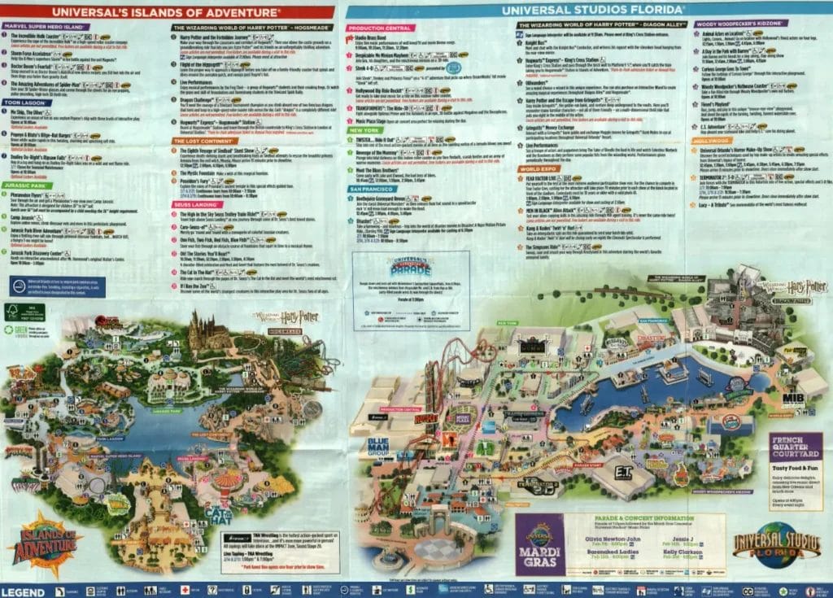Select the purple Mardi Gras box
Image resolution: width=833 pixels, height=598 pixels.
[541, 543]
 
